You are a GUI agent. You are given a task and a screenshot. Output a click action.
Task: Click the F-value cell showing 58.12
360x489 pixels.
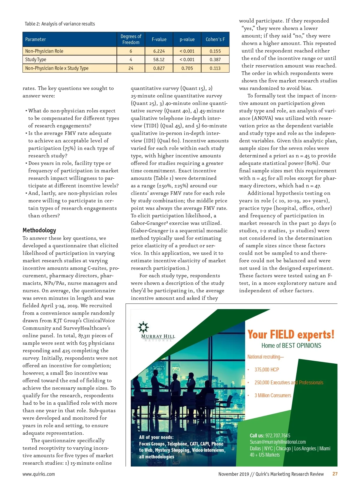pyautogui.click(x=159, y=60)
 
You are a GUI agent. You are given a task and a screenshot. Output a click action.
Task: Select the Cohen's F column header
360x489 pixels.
pyautogui.click(x=215, y=39)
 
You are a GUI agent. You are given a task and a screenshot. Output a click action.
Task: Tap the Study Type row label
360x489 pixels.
pyautogui.click(x=36, y=60)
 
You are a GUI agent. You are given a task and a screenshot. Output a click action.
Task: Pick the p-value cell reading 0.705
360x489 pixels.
pyautogui.click(x=187, y=68)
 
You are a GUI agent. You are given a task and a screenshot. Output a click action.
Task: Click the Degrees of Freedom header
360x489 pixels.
pyautogui.click(x=131, y=39)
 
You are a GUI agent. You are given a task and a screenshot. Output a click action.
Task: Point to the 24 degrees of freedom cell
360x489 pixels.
pyautogui.click(x=131, y=68)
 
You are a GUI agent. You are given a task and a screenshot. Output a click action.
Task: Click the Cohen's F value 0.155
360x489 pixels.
pyautogui.click(x=215, y=51)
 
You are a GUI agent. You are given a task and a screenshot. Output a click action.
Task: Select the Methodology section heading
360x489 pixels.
pyautogui.click(x=39, y=230)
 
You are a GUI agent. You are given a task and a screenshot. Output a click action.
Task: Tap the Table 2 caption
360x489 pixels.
pyautogui.click(x=60, y=24)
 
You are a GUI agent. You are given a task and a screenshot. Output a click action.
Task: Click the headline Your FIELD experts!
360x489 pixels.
pyautogui.click(x=291, y=334)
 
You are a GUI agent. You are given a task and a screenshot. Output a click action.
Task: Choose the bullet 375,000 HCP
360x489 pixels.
pyautogui.click(x=267, y=370)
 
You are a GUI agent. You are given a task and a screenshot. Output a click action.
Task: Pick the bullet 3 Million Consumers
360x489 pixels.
pyautogui.click(x=273, y=395)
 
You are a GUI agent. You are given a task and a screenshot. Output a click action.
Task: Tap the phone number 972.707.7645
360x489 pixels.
pyautogui.click(x=278, y=436)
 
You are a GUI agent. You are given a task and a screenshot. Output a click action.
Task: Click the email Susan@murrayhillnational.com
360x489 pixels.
pyautogui.click(x=278, y=442)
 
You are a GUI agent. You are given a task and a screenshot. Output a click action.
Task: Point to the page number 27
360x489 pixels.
pyautogui.click(x=335, y=474)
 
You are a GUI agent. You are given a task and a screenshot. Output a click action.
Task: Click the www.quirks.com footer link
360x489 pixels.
pyautogui.click(x=39, y=474)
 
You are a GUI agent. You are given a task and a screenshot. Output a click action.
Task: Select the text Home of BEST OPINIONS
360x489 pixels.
pyautogui.click(x=291, y=346)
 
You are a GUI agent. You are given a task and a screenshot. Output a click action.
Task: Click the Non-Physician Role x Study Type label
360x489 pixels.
pyautogui.click(x=57, y=68)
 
